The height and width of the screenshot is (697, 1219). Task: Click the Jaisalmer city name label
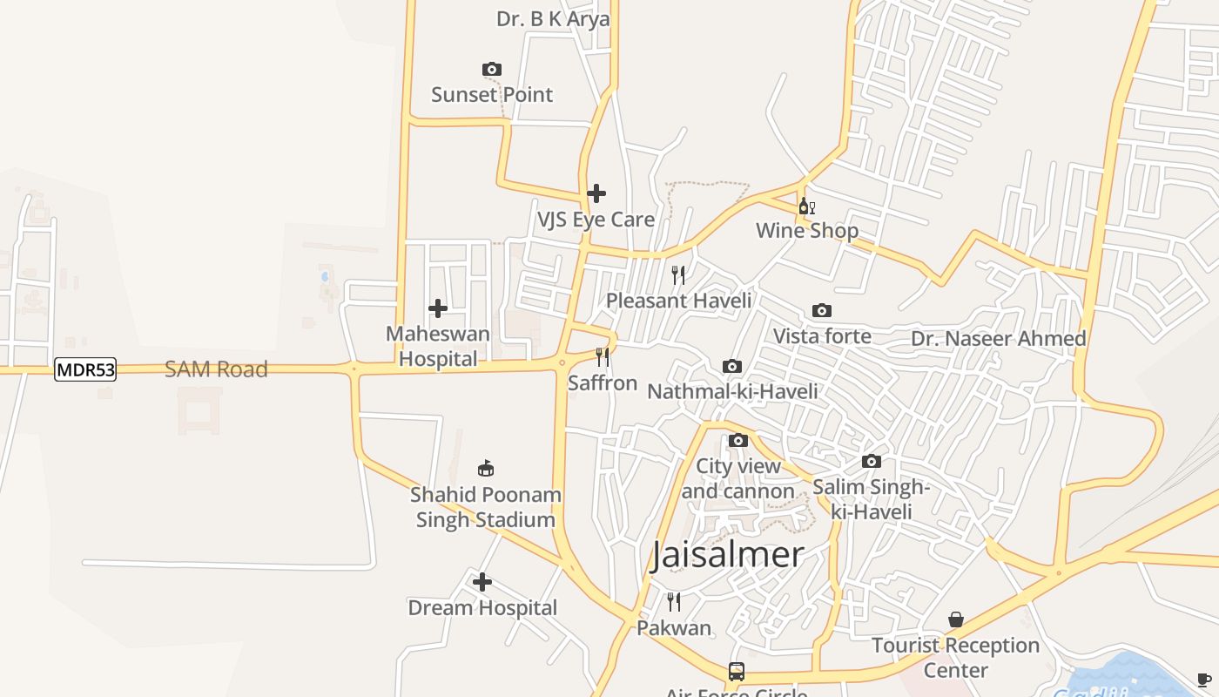(727, 555)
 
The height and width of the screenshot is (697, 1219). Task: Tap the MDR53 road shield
(85, 369)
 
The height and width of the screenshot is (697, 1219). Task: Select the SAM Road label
(216, 369)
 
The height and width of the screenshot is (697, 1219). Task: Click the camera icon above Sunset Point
(492, 69)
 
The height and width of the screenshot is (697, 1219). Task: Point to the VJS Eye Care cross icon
(596, 193)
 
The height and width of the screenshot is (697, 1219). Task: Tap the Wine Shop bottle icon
(807, 206)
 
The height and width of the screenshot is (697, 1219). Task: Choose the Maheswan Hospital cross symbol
(438, 308)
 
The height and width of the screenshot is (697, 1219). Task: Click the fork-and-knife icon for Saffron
(602, 356)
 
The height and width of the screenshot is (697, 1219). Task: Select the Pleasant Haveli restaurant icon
(678, 275)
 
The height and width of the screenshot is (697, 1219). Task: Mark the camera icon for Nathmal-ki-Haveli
(732, 366)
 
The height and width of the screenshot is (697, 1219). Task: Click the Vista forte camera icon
(821, 310)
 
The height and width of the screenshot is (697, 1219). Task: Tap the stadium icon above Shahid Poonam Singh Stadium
(485, 469)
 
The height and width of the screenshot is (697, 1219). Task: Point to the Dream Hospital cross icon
(482, 582)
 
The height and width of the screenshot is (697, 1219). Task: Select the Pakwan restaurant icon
(673, 601)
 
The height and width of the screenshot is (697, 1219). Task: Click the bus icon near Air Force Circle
(737, 672)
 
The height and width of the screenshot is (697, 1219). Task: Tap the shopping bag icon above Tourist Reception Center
(956, 619)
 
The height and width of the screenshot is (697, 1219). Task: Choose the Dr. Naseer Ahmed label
(998, 339)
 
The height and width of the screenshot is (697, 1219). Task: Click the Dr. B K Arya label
(553, 19)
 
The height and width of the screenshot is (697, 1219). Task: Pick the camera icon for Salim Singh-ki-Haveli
(872, 461)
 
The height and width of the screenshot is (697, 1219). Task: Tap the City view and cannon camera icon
(738, 440)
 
